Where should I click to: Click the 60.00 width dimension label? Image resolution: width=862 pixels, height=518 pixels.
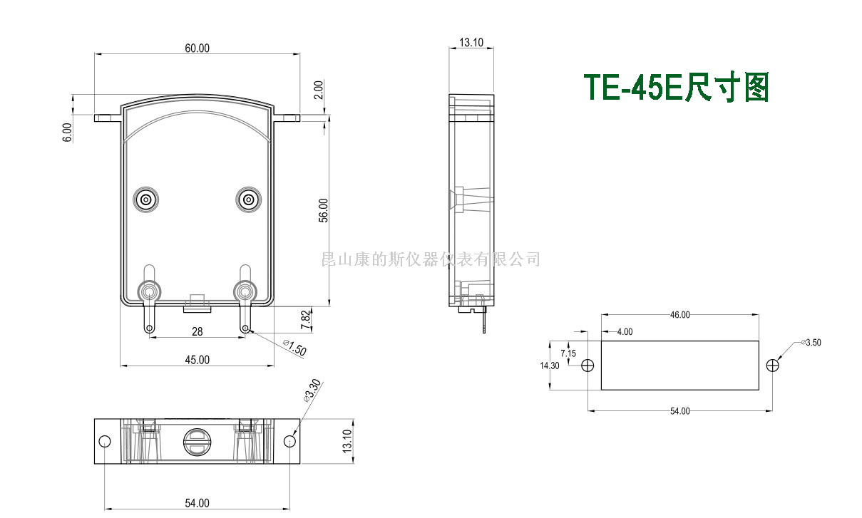tap(197, 48)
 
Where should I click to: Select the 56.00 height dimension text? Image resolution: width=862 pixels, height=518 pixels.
tap(323, 211)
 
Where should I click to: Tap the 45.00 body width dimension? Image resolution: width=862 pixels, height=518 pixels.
tap(197, 360)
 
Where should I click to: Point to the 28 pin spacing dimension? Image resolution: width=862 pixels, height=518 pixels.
tap(197, 332)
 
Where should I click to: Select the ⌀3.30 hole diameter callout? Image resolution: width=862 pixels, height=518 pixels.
tap(312, 391)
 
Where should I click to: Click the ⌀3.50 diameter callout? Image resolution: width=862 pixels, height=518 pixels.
tap(811, 342)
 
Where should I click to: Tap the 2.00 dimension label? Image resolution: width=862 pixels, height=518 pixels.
tap(319, 90)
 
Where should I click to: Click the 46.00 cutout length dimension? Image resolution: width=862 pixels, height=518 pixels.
tap(679, 315)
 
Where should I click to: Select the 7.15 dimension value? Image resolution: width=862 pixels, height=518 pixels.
tap(568, 353)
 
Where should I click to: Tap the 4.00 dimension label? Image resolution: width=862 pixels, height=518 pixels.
tap(625, 331)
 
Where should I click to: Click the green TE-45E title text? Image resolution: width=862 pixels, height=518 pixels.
tap(676, 88)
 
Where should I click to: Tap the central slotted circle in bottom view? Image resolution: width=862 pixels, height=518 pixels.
tap(197, 442)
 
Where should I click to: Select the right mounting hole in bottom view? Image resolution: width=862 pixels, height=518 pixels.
tap(289, 442)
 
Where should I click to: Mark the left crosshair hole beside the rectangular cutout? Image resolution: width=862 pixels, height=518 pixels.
tap(588, 366)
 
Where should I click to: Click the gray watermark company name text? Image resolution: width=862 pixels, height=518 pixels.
tap(431, 259)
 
